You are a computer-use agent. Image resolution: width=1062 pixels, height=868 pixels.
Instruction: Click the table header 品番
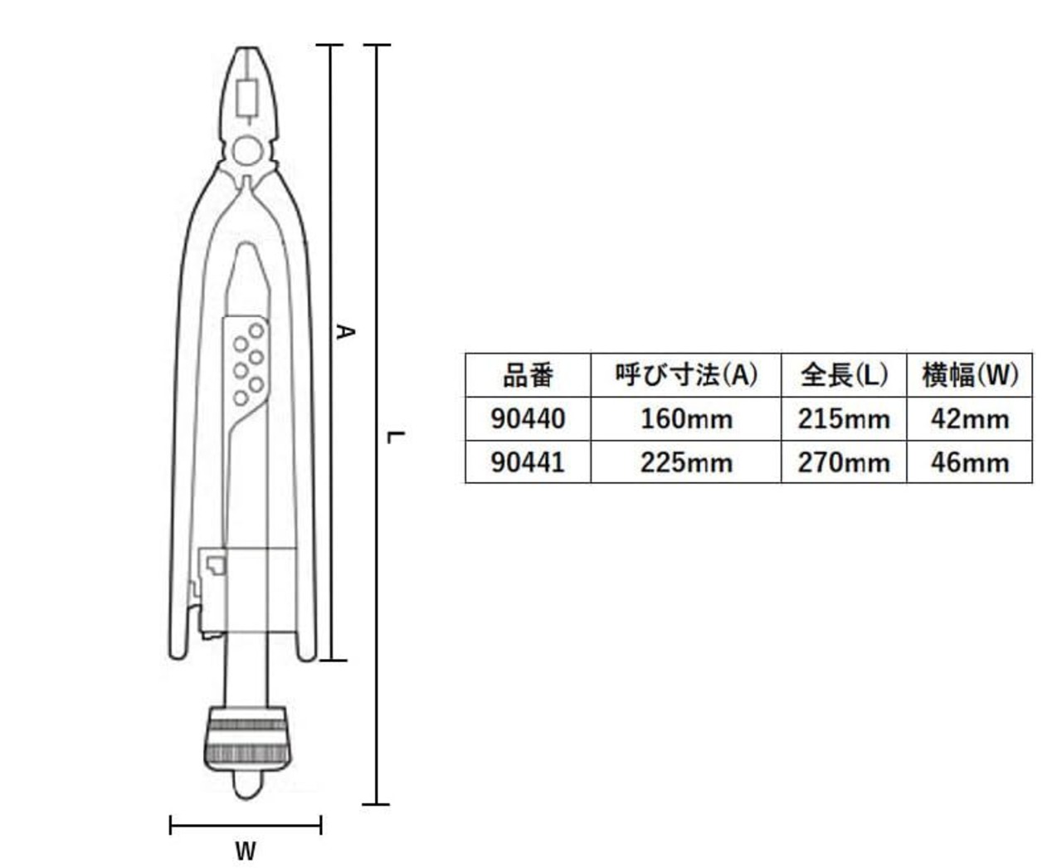[x=527, y=375]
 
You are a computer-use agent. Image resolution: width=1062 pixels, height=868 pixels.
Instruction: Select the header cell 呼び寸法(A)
[x=686, y=375]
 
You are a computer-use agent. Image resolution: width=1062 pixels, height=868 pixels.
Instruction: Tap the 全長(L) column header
[x=844, y=375]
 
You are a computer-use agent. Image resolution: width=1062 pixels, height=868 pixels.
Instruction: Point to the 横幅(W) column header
[x=969, y=375]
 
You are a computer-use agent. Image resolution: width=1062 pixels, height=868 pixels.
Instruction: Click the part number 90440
[x=527, y=418]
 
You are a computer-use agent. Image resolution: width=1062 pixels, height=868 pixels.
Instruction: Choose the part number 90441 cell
[x=527, y=462]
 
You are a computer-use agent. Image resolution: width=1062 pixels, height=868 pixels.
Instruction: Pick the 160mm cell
[x=686, y=418]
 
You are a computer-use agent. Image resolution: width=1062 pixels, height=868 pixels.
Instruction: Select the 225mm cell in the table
[x=686, y=462]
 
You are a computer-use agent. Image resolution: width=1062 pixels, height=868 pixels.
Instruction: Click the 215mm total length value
[x=844, y=418]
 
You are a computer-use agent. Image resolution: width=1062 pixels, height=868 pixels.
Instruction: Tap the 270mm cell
[x=844, y=462]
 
